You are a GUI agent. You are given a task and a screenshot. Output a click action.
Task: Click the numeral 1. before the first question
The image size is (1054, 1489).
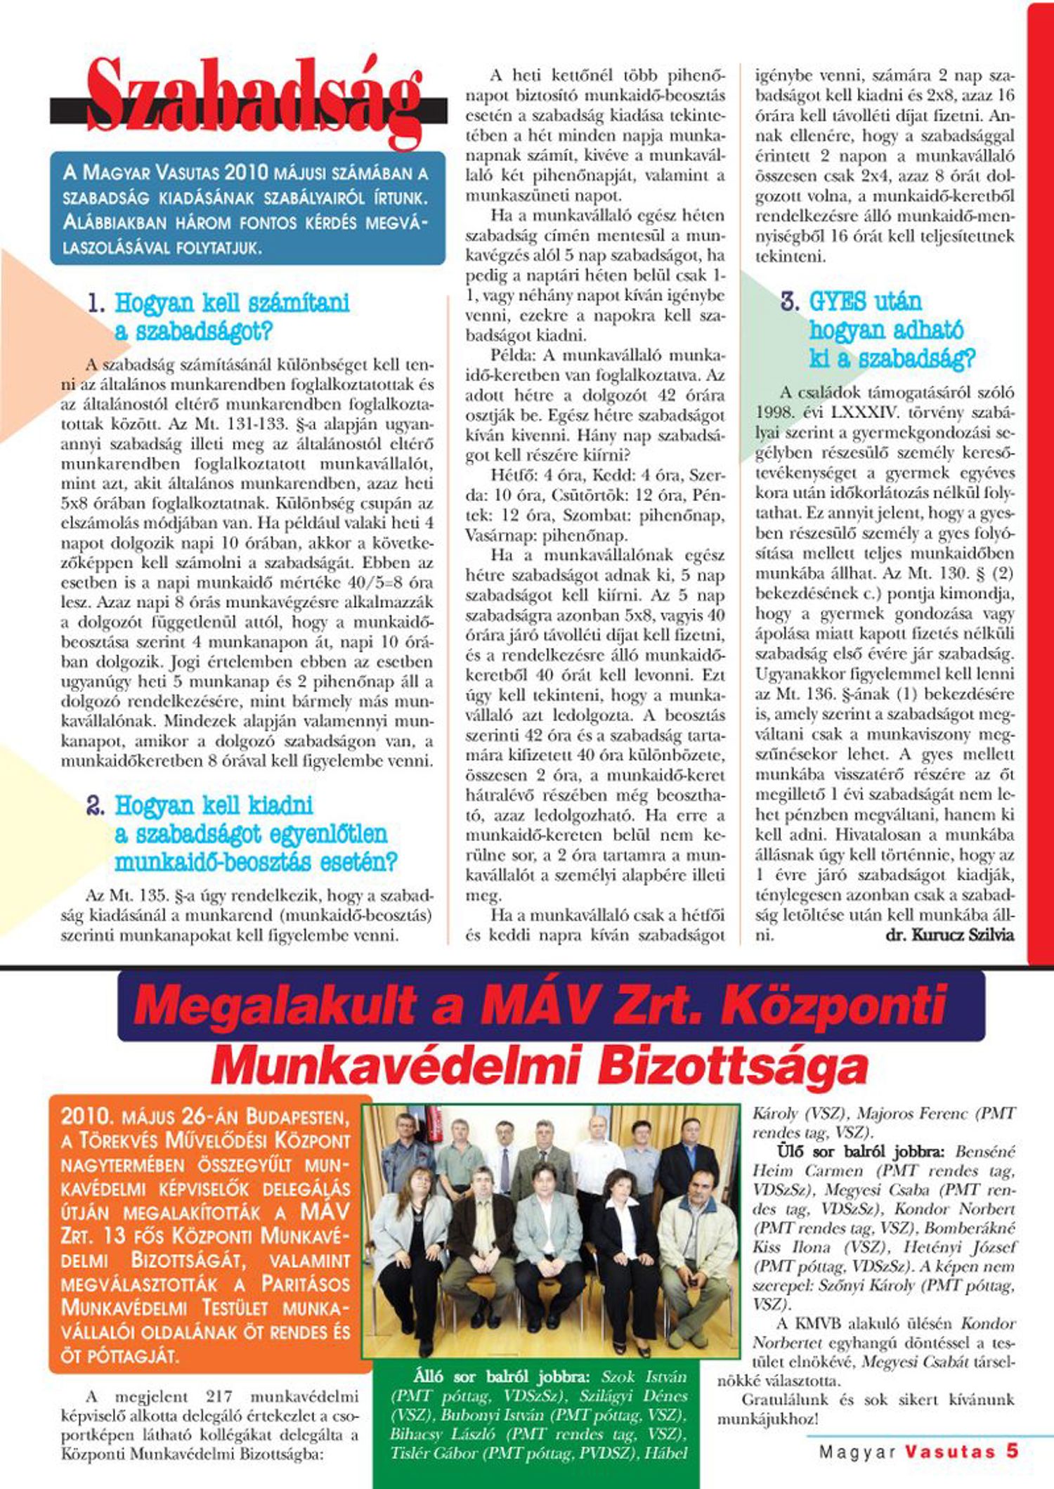coord(97,304)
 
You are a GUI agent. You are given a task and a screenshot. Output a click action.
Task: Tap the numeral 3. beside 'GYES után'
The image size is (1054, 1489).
coord(791,302)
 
